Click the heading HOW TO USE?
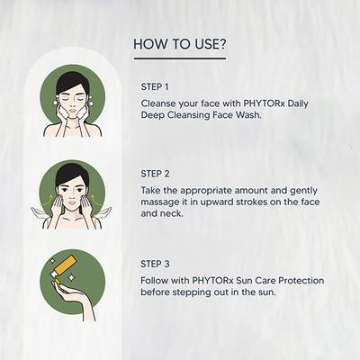pos(180,43)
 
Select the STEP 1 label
pos(156,86)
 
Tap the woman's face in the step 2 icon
pos(72,193)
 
